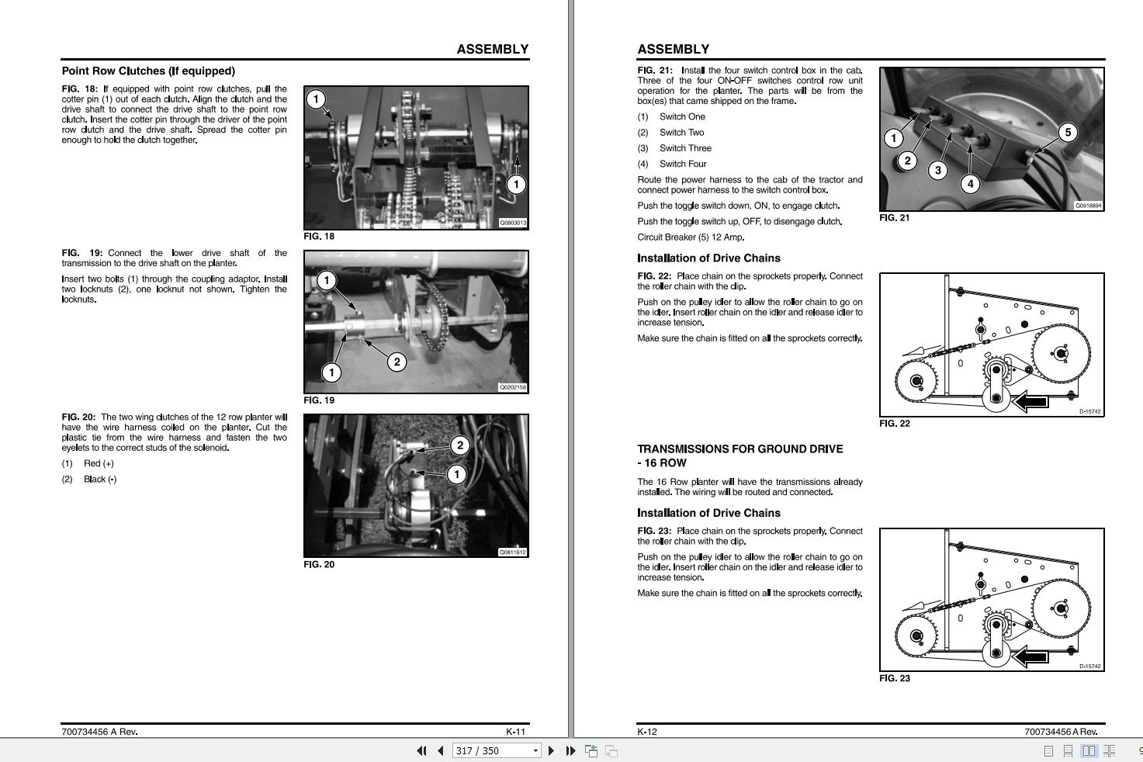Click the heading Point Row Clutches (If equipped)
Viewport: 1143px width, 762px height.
click(148, 71)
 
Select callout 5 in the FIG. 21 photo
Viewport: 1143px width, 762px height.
click(1068, 133)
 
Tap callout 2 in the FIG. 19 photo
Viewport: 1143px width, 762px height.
click(397, 362)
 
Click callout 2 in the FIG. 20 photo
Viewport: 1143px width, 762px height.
click(459, 445)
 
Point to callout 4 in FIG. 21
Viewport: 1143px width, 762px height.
click(970, 184)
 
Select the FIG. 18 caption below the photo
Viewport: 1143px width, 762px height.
click(319, 237)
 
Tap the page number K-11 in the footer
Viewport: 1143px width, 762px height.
click(515, 732)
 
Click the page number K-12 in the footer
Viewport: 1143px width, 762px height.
click(647, 732)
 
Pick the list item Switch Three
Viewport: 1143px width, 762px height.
click(685, 148)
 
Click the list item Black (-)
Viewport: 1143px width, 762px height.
click(100, 480)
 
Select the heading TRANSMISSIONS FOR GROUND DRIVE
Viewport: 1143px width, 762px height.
click(740, 449)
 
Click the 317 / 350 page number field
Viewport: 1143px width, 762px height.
click(496, 750)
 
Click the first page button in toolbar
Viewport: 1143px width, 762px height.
click(421, 750)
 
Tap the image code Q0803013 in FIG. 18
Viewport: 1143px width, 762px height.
click(513, 223)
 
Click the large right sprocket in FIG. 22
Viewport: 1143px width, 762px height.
click(1062, 353)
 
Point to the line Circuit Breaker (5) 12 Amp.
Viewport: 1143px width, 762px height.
click(691, 237)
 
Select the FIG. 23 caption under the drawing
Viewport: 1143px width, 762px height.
click(895, 678)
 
